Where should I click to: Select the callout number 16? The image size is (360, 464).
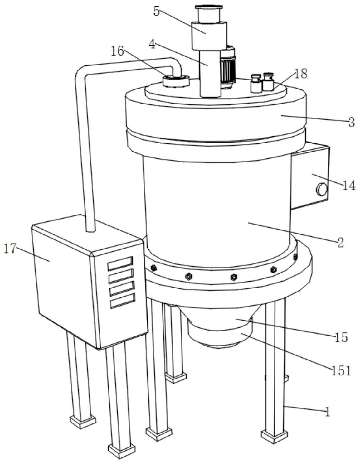118,51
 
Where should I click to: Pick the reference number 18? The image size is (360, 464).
301,74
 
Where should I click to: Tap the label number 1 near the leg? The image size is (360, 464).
327,412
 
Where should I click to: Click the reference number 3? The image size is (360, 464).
352,122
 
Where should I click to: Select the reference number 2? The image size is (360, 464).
340,242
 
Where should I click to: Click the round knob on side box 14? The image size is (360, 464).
322,189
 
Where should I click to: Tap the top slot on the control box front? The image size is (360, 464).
120,263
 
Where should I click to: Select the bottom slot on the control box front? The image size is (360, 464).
123,300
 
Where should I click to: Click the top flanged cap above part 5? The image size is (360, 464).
208,7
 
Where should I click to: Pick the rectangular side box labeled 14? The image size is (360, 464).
310,176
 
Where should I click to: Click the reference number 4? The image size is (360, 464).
152,45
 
